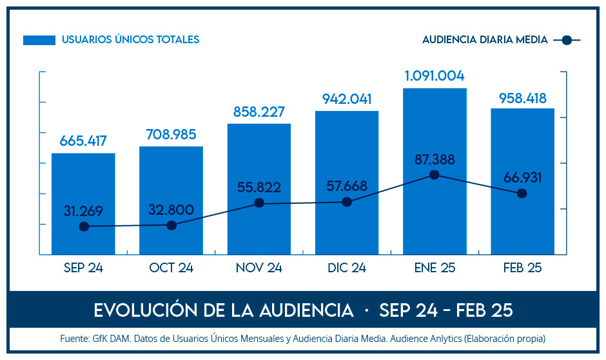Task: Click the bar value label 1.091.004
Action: click(x=435, y=76)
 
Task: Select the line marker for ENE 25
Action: click(x=435, y=175)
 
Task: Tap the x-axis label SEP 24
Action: click(x=83, y=268)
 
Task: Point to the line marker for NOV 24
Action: click(x=259, y=203)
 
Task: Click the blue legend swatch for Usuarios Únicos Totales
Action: click(x=39, y=40)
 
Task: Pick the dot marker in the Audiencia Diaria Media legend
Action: click(x=567, y=40)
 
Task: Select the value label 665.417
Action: click(x=83, y=141)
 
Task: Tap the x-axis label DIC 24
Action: click(x=347, y=268)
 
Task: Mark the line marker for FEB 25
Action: click(x=522, y=194)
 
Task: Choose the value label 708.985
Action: click(x=171, y=134)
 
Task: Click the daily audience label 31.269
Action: click(x=83, y=211)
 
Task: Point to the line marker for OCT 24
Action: click(x=171, y=225)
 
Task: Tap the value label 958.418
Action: click(x=522, y=99)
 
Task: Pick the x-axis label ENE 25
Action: click(x=435, y=268)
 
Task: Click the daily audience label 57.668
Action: click(x=347, y=186)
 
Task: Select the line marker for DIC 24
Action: click(x=347, y=202)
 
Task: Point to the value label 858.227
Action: click(x=259, y=112)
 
